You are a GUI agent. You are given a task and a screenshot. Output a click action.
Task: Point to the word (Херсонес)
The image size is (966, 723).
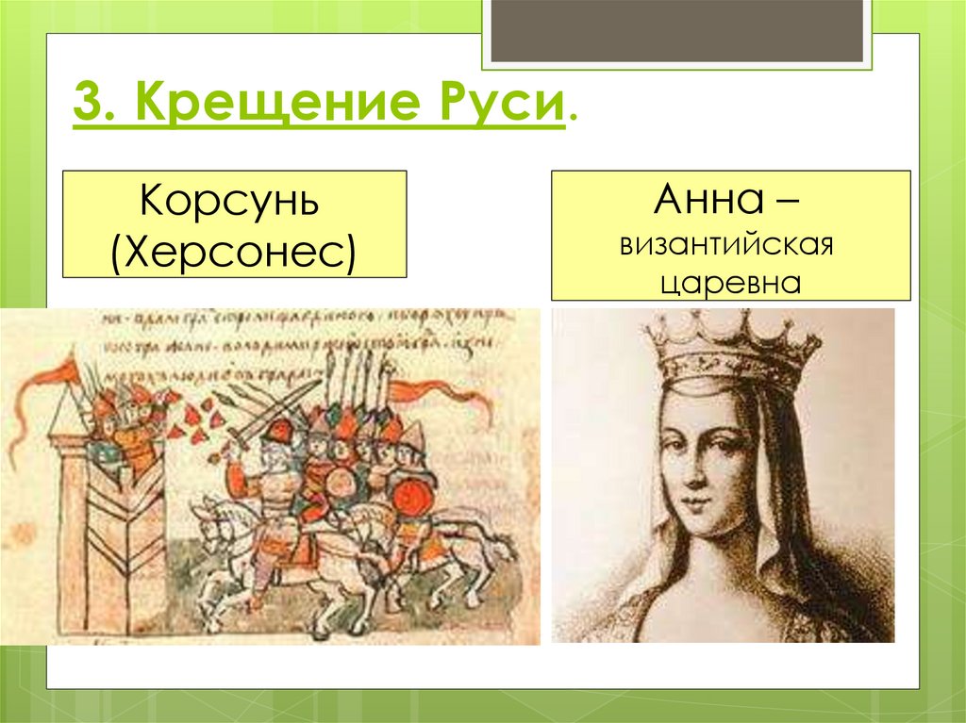click(234, 250)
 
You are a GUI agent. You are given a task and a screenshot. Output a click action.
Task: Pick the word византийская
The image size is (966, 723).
click(730, 247)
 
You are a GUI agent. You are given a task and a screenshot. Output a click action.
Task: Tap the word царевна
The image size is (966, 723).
click(730, 282)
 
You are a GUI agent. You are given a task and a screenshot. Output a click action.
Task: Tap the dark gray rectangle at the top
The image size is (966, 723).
click(675, 30)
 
